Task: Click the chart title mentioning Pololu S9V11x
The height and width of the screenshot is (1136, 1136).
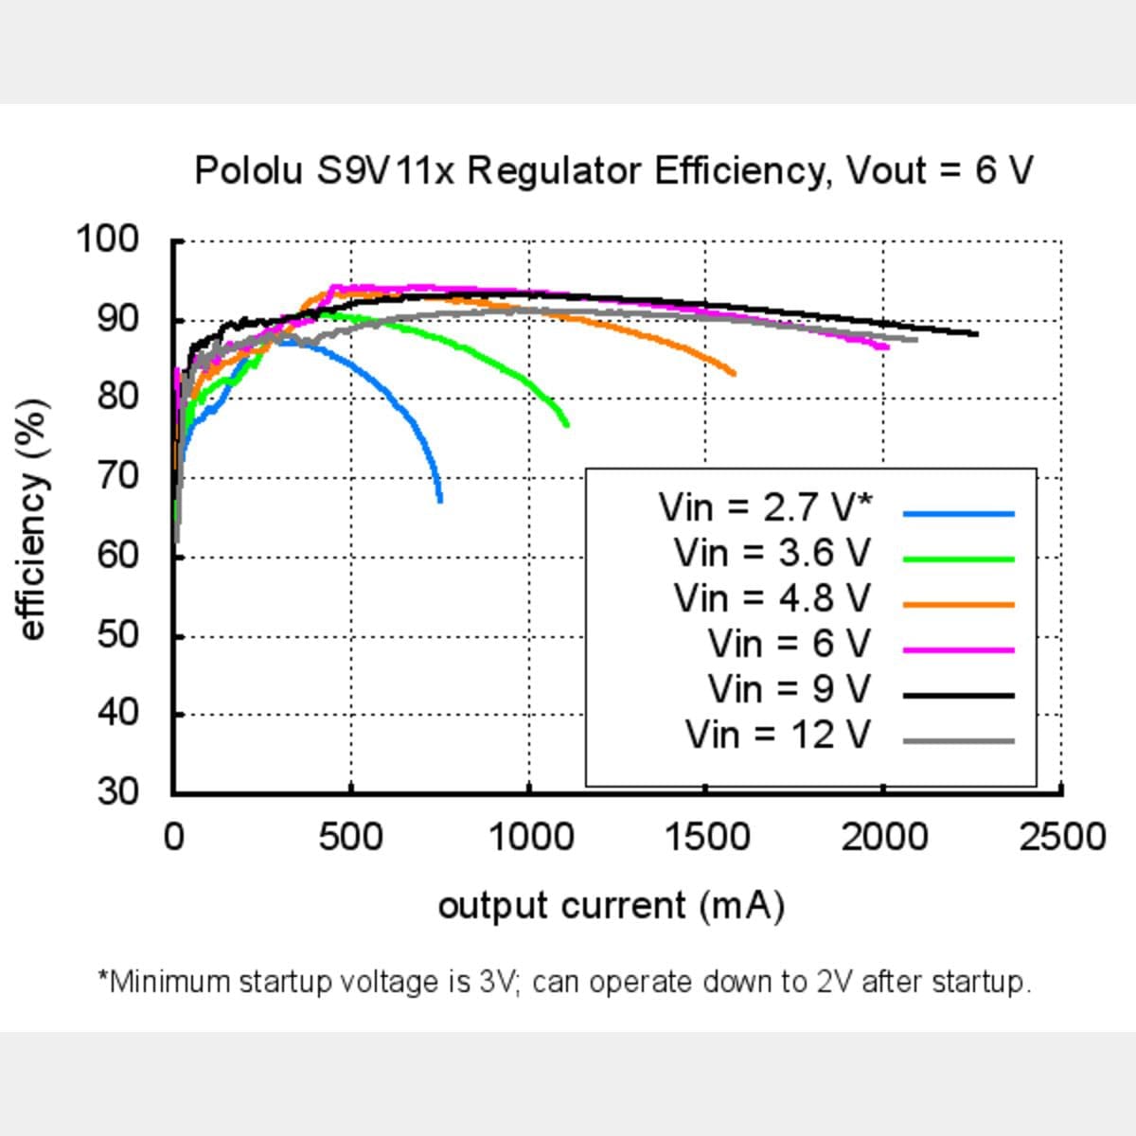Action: pyautogui.click(x=613, y=171)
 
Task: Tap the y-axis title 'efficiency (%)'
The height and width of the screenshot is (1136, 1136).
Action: pyautogui.click(x=32, y=521)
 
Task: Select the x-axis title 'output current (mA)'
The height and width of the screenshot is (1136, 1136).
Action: pyautogui.click(x=612, y=906)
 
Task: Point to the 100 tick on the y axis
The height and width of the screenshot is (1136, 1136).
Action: pyautogui.click(x=107, y=240)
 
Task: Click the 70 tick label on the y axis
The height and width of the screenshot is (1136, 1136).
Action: pyautogui.click(x=117, y=475)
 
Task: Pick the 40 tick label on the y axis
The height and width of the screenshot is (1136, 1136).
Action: pyautogui.click(x=117, y=712)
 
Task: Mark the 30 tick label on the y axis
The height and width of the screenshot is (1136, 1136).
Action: pyautogui.click(x=117, y=790)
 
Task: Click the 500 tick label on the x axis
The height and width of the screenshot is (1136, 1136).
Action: pyautogui.click(x=351, y=838)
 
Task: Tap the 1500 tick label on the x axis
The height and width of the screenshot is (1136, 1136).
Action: pyautogui.click(x=706, y=838)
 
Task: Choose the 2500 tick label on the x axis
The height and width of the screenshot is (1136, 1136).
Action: pyautogui.click(x=1061, y=838)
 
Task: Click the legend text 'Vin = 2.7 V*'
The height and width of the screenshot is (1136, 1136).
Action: pyautogui.click(x=765, y=507)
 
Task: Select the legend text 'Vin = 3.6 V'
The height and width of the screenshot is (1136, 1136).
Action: pyautogui.click(x=772, y=553)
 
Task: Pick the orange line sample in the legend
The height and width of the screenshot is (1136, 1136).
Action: pyautogui.click(x=958, y=605)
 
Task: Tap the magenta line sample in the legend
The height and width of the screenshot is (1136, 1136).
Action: pyautogui.click(x=958, y=650)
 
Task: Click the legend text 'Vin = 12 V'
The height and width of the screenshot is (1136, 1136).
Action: pyautogui.click(x=777, y=735)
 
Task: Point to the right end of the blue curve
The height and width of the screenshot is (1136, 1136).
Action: pyautogui.click(x=440, y=500)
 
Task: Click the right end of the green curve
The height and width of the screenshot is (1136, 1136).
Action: pyautogui.click(x=567, y=425)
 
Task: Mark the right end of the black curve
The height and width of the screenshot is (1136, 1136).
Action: pyautogui.click(x=976, y=333)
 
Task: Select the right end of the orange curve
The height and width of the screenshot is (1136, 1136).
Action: pyautogui.click(x=734, y=373)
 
